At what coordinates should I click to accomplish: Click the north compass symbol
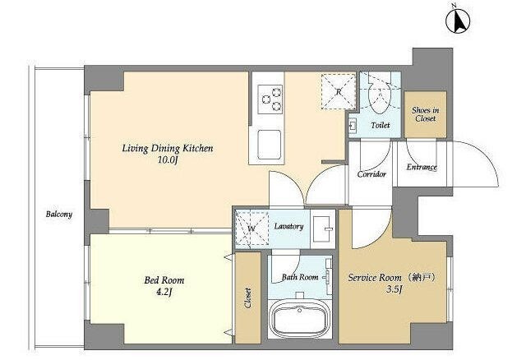(x=458, y=20)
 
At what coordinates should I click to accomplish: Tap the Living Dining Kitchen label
(x=168, y=148)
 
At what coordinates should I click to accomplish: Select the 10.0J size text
(x=168, y=160)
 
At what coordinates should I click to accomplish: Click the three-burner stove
(x=270, y=99)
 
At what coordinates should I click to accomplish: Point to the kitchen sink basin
(x=269, y=145)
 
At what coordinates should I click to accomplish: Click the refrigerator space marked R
(x=338, y=91)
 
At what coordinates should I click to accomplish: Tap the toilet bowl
(x=380, y=97)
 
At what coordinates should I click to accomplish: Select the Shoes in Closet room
(x=425, y=114)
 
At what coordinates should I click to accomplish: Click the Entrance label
(x=422, y=167)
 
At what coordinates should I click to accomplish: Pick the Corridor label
(x=371, y=174)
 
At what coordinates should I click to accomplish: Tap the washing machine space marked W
(x=251, y=228)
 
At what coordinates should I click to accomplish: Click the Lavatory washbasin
(x=323, y=228)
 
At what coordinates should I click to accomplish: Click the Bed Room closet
(x=248, y=298)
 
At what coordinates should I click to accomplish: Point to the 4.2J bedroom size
(x=164, y=293)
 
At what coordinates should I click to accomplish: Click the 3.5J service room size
(x=394, y=288)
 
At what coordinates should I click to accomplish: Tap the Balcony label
(x=59, y=214)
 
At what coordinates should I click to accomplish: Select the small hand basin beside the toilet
(x=353, y=126)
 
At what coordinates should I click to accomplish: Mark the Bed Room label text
(x=164, y=280)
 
